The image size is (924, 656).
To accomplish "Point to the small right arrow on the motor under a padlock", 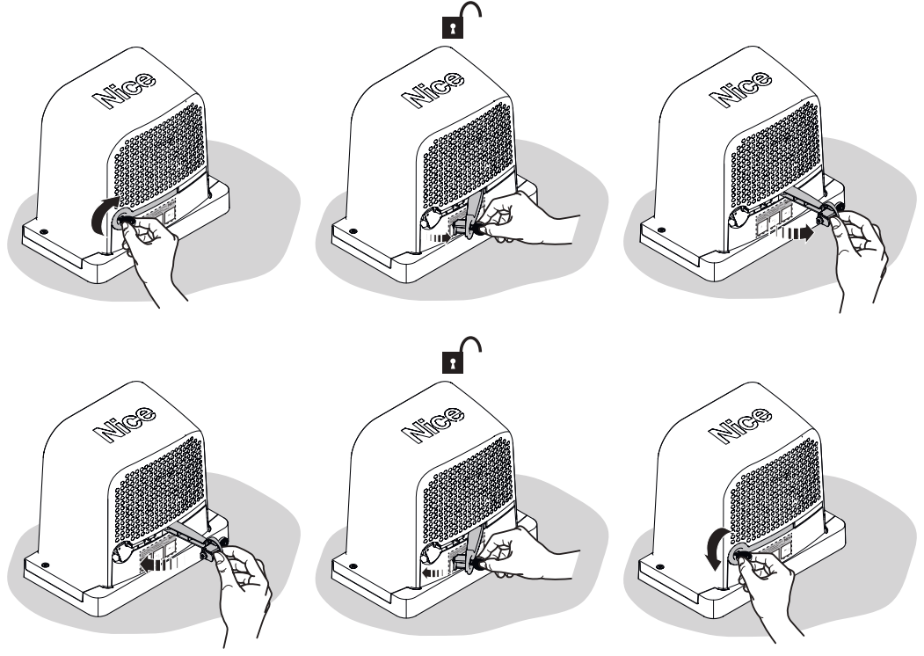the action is click(439, 237).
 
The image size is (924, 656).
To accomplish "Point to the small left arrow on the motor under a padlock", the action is click(433, 572).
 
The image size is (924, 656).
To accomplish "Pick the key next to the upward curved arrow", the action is click(126, 222).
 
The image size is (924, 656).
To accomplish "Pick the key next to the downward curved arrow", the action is click(741, 555).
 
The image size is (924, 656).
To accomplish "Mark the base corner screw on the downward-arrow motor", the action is click(661, 565).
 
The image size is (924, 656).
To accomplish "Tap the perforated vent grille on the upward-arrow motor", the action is click(160, 154).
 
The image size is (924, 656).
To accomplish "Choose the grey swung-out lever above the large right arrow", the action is click(806, 200).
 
